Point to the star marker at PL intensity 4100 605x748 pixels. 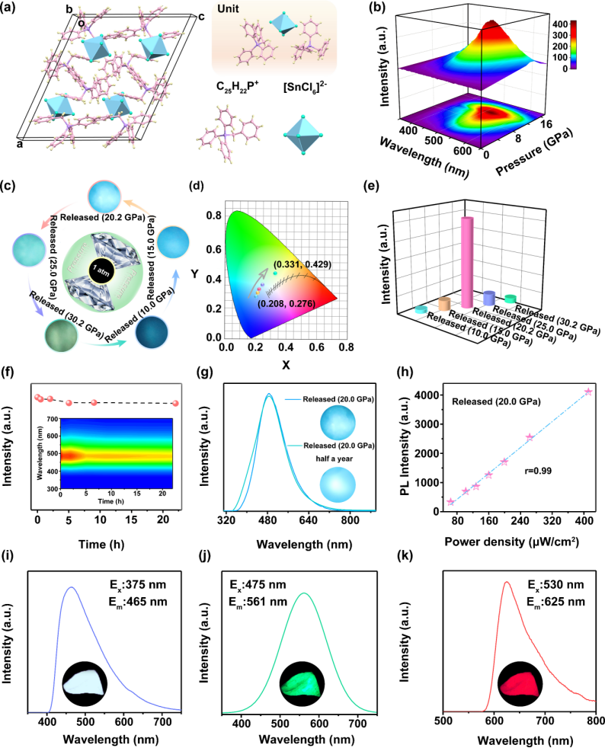click(587, 392)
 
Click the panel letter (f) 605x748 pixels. click(9, 374)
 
